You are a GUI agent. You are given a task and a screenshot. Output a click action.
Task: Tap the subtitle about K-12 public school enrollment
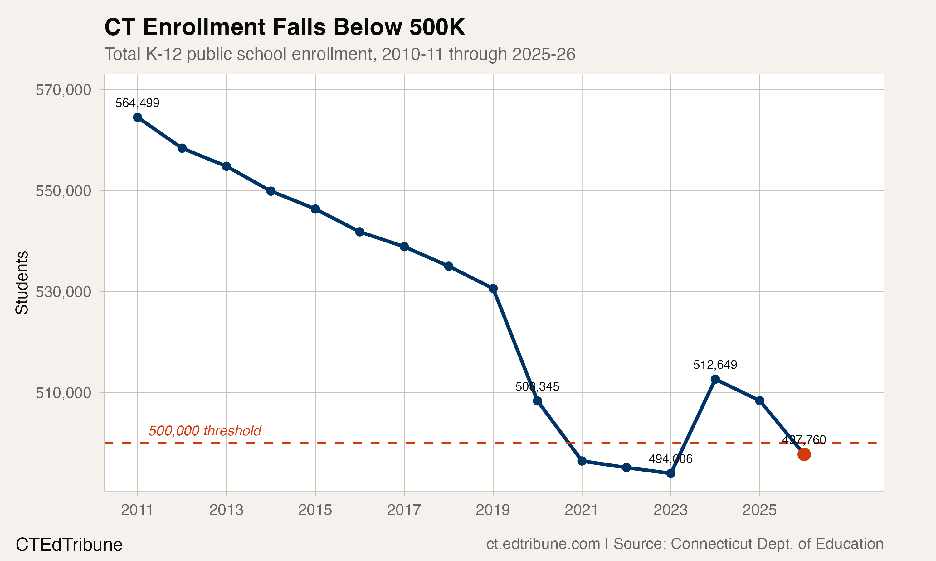coord(339,54)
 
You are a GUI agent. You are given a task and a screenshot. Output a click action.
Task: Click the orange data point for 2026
coord(804,454)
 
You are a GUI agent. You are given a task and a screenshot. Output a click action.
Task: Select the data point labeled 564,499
coord(138,117)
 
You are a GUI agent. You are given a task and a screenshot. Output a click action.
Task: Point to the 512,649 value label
coord(715,365)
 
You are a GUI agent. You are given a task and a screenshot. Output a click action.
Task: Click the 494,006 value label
coord(670,459)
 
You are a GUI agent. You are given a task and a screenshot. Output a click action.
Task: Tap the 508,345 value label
coord(537,387)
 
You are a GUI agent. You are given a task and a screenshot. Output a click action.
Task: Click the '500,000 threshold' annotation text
coord(205,431)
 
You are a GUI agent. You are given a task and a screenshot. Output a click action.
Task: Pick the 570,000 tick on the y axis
coord(63,90)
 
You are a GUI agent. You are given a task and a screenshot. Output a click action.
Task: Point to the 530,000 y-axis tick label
coord(63,292)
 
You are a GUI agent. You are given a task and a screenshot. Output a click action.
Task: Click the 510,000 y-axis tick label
coord(63,393)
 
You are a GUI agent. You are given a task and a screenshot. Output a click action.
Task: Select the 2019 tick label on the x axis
coord(493,510)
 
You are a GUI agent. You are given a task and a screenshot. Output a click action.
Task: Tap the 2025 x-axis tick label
coord(759,510)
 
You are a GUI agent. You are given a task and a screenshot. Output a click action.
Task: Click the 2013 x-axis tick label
coord(226,510)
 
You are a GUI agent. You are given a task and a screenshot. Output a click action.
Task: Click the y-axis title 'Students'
coord(22,282)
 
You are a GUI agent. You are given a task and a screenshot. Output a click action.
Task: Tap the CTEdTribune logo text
coord(69,545)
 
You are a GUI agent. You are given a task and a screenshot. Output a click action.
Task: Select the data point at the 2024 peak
coord(715,379)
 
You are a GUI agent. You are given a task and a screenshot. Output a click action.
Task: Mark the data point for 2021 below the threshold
coord(582,461)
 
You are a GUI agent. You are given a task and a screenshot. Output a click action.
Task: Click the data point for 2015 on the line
coord(315,209)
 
